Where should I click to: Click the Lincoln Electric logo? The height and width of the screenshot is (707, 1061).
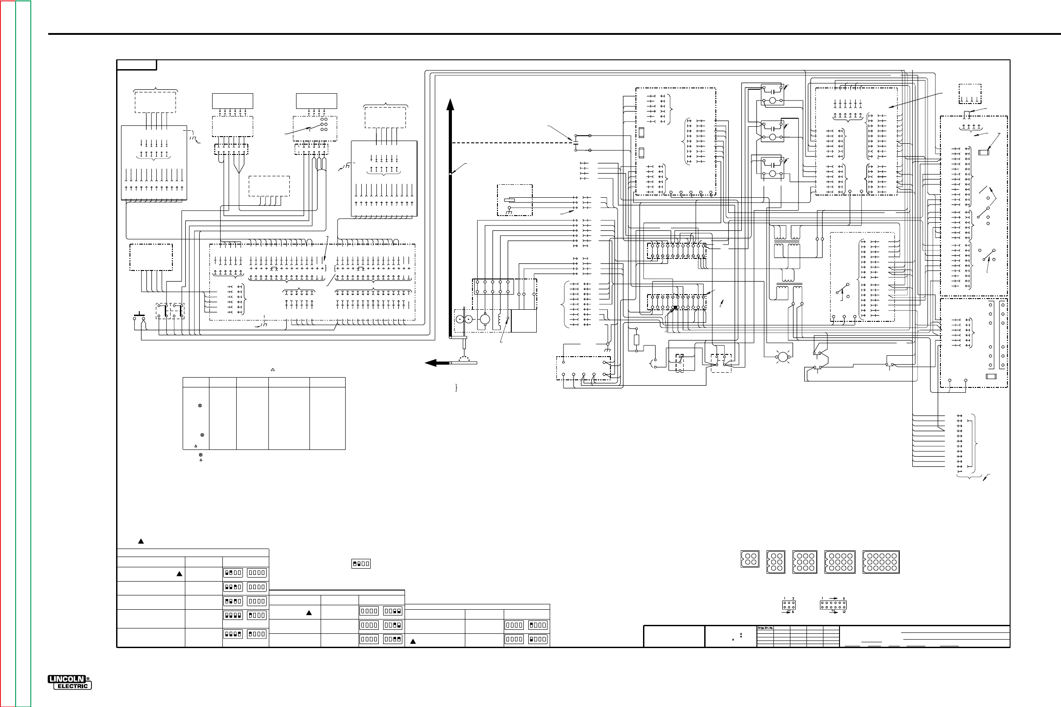pos(70,682)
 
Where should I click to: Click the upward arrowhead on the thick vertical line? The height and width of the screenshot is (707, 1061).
pos(450,104)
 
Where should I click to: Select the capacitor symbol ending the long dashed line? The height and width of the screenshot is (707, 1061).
pos(576,142)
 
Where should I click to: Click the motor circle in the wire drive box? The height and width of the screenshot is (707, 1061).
pos(485,320)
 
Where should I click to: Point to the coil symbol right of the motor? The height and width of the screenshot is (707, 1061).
pos(499,320)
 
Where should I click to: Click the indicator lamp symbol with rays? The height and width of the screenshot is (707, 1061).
pos(783,357)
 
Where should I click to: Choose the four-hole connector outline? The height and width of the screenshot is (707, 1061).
pos(750,560)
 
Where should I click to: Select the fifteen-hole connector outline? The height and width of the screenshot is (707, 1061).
pos(881,562)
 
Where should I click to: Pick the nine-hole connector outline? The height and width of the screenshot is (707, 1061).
pos(805,562)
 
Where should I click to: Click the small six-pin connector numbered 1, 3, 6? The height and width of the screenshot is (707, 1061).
pos(789,605)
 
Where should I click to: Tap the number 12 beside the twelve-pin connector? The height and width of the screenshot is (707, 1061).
pos(844,612)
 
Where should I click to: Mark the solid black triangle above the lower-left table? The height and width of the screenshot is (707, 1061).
pos(141,541)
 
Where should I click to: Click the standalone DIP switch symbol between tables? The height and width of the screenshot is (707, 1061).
pos(361,564)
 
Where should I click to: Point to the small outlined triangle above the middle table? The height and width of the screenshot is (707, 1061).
pos(272,370)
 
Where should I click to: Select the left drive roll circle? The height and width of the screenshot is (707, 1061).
pos(459,320)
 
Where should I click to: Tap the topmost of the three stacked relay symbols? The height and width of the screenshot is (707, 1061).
pos(772,95)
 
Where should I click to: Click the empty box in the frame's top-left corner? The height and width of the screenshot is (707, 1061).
pos(137,65)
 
